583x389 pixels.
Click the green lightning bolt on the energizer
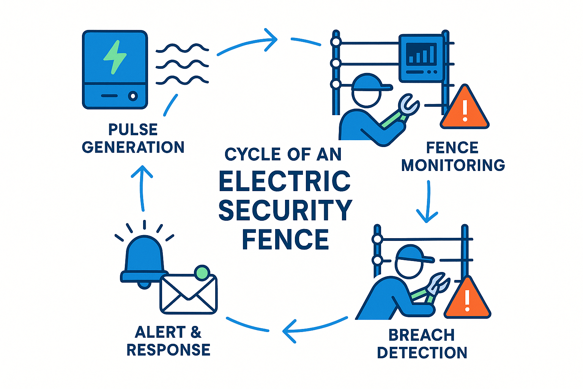coord(115,57)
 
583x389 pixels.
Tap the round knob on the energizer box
coord(132,96)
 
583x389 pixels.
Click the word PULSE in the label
coord(133,130)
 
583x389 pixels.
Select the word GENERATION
coord(133,147)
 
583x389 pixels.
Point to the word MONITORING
coord(453,165)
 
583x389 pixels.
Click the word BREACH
coord(422,335)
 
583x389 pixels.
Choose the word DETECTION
coord(422,353)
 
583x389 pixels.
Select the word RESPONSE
coord(168,350)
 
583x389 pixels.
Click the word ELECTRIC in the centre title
coord(285,181)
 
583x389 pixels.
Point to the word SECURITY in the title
coord(285,210)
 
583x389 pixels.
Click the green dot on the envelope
coord(202,272)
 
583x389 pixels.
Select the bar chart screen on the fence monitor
coord(421,54)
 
